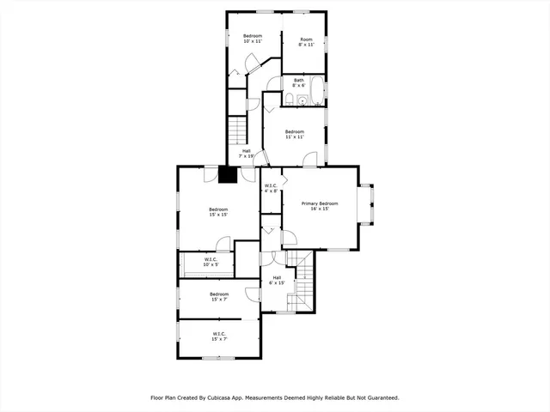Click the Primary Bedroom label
point(319,205)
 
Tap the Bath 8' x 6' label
point(298,83)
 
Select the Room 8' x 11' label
point(306,42)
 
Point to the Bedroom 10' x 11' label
point(252,39)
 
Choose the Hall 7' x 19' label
point(246,154)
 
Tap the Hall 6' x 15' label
point(277,280)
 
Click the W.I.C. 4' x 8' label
point(271,188)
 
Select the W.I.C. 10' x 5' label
point(211,262)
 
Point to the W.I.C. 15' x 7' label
point(219,336)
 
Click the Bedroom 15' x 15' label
point(218,212)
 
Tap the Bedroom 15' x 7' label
point(219,297)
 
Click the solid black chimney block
point(228,174)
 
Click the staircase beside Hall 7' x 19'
point(237,131)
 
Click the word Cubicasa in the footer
point(231,397)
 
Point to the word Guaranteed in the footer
point(379,397)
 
